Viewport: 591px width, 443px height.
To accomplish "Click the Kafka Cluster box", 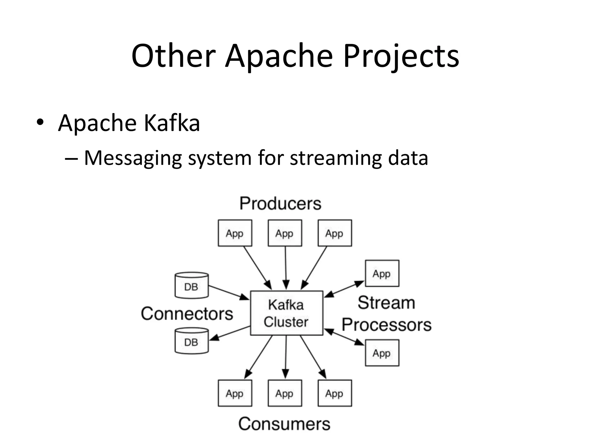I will point(286,313).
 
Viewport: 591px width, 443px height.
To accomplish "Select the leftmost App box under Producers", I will point(235,233).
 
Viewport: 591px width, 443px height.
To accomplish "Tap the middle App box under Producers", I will point(285,233).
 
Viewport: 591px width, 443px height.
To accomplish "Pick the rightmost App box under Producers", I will point(335,233).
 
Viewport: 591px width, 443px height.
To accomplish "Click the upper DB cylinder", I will point(192,286).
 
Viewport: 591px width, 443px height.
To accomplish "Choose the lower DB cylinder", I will point(192,341).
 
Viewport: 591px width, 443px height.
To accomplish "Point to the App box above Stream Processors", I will point(382,273).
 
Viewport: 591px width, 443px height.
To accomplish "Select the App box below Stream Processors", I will point(382,353).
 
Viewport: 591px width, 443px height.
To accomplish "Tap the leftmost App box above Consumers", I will point(235,393).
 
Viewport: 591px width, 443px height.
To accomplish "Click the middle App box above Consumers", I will point(285,393).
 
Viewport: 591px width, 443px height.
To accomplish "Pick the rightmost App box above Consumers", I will point(335,393).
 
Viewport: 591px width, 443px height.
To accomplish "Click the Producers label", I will point(280,204).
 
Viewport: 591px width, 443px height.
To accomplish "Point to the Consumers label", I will point(284,424).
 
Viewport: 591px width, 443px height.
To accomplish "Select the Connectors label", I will point(187,314).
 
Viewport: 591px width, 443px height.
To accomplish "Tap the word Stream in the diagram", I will point(386,303).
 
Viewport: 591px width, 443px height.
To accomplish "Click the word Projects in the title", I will point(401,56).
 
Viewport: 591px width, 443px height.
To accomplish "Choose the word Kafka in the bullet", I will point(172,123).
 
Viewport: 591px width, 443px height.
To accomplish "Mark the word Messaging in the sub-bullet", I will point(133,158).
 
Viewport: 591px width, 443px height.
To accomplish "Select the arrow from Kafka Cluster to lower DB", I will point(230,333).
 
